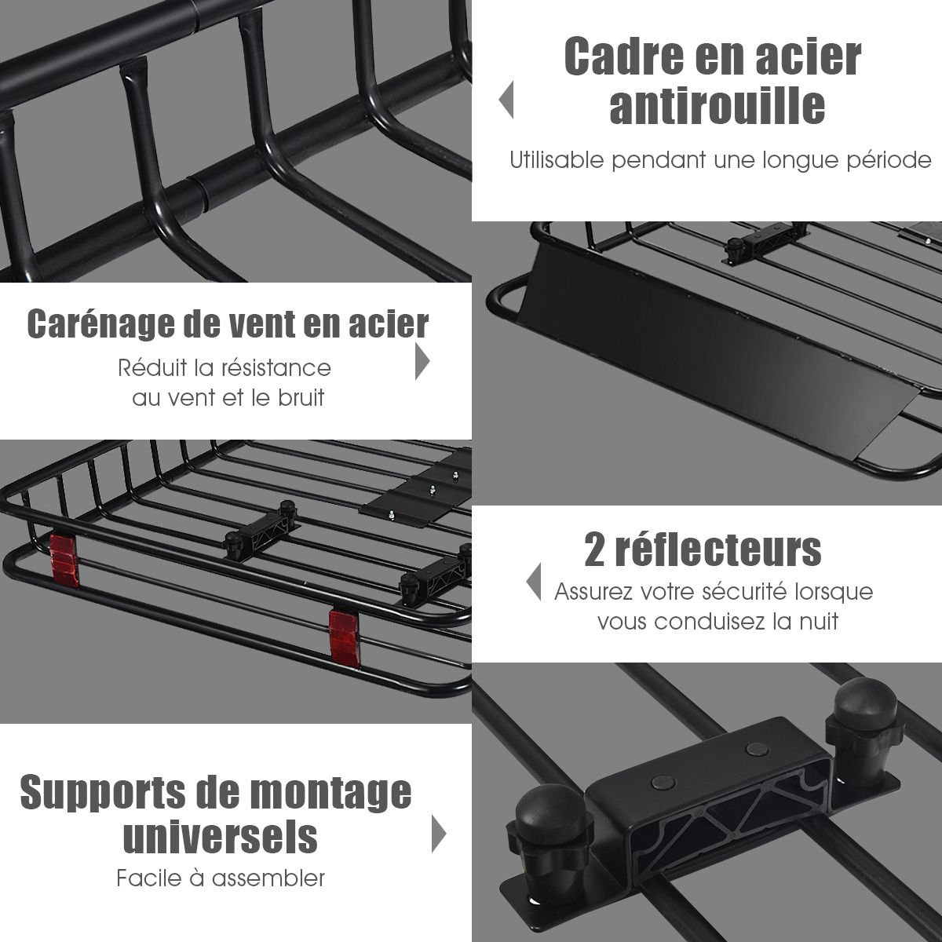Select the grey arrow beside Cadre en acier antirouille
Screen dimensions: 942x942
[506, 100]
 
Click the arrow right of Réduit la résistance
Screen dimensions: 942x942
[422, 361]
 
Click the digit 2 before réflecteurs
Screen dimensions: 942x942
[595, 550]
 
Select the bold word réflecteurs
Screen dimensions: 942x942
[718, 549]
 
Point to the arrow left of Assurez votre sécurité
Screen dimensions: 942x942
[533, 582]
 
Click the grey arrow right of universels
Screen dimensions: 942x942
[439, 834]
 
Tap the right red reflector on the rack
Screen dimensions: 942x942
[344, 636]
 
